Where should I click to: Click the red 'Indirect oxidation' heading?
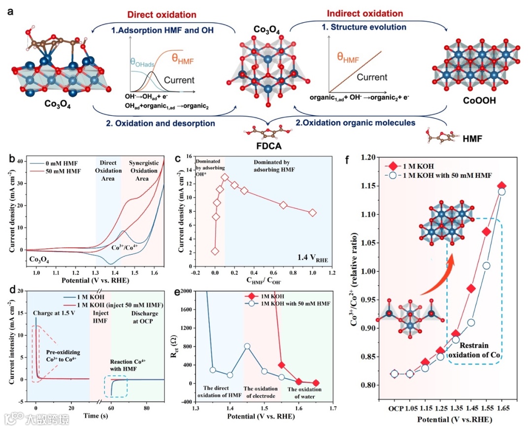[x=365, y=13]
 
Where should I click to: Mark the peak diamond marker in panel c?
[x=225, y=177]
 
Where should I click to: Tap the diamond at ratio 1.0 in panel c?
[x=313, y=213]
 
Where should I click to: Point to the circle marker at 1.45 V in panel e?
[x=247, y=346]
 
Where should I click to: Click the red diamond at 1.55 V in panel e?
[x=281, y=365]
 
